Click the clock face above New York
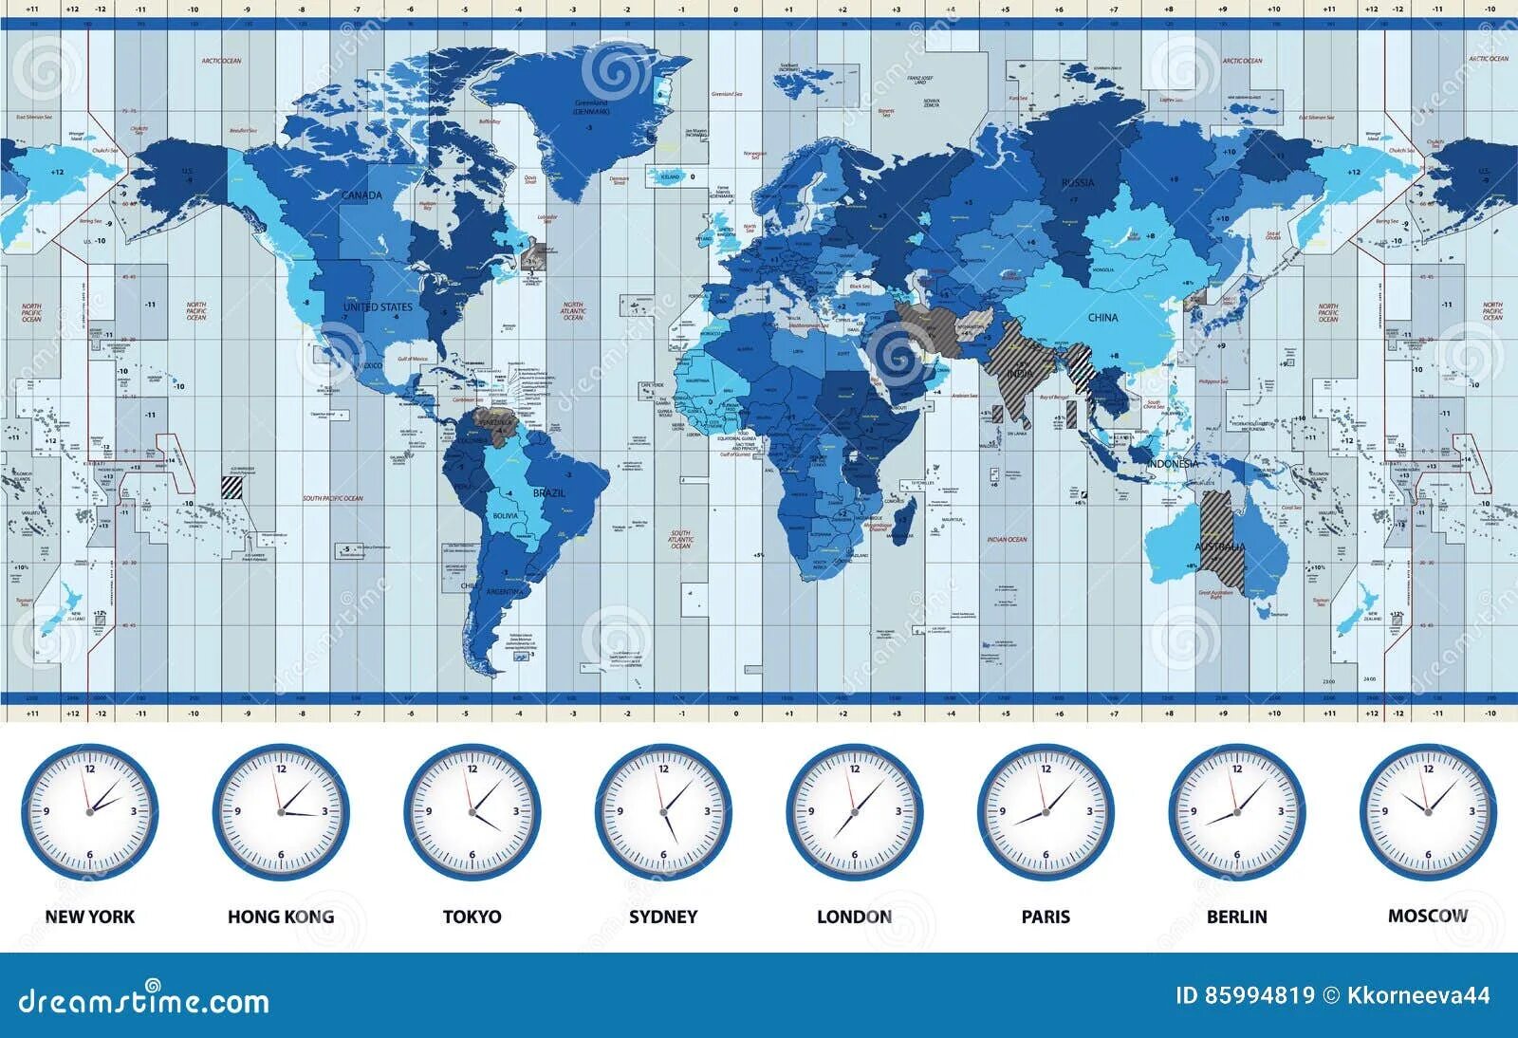(x=90, y=811)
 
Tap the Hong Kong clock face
(x=281, y=811)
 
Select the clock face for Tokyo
(x=472, y=811)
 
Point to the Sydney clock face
(x=664, y=811)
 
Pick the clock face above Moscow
(x=1428, y=811)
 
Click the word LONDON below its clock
(x=854, y=917)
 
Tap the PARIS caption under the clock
(x=1046, y=917)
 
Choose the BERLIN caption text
(x=1236, y=917)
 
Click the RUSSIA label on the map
(x=1078, y=182)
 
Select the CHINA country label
(x=1103, y=318)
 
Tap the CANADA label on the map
(x=361, y=195)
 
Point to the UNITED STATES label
(x=378, y=306)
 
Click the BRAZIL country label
(x=549, y=493)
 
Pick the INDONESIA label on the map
(x=1174, y=464)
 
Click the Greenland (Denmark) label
(x=591, y=106)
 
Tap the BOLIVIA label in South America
(x=506, y=515)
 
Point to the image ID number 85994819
(x=1258, y=995)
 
